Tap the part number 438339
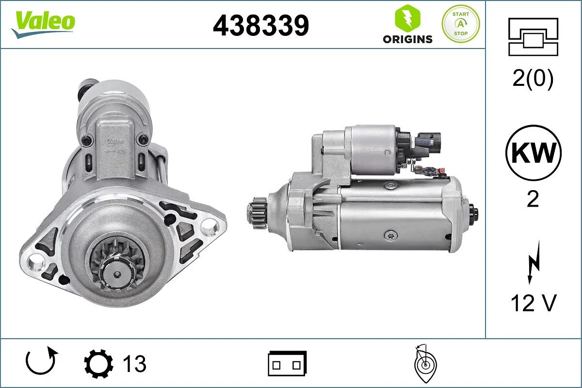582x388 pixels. click(x=261, y=25)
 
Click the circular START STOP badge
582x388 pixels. click(x=460, y=24)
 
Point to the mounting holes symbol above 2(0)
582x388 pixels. click(x=533, y=36)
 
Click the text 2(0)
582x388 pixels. click(x=533, y=80)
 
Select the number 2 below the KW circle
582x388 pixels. click(x=533, y=199)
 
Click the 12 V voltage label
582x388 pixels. click(x=533, y=303)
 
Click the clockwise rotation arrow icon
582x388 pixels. click(x=42, y=362)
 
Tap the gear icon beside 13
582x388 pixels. click(x=98, y=363)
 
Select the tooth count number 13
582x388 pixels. click(x=134, y=363)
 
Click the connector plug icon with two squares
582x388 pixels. click(x=287, y=363)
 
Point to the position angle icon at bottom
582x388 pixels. click(x=425, y=364)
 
